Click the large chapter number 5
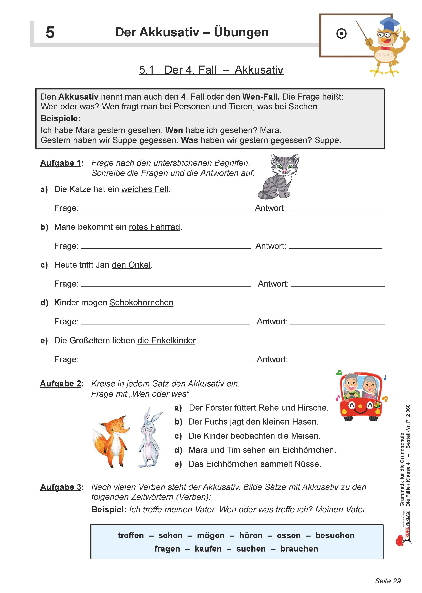pyautogui.click(x=50, y=33)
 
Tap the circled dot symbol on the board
pyautogui.click(x=341, y=34)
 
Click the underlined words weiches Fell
pyautogui.click(x=145, y=189)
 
